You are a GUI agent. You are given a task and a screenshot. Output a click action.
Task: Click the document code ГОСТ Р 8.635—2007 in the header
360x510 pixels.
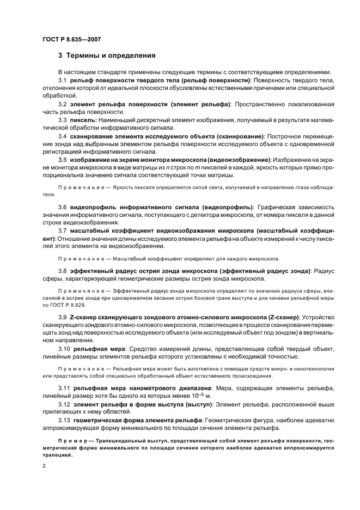(x=71, y=40)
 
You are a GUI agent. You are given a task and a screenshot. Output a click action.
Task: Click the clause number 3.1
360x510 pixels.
(x=63, y=80)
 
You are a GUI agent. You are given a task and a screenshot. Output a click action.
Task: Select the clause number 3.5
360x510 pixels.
(x=63, y=160)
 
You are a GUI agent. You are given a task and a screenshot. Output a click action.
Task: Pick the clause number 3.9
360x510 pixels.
(x=63, y=317)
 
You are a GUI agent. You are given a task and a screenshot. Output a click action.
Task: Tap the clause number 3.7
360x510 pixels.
(x=63, y=230)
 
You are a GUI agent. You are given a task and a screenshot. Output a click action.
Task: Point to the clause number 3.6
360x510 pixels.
(x=63, y=207)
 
